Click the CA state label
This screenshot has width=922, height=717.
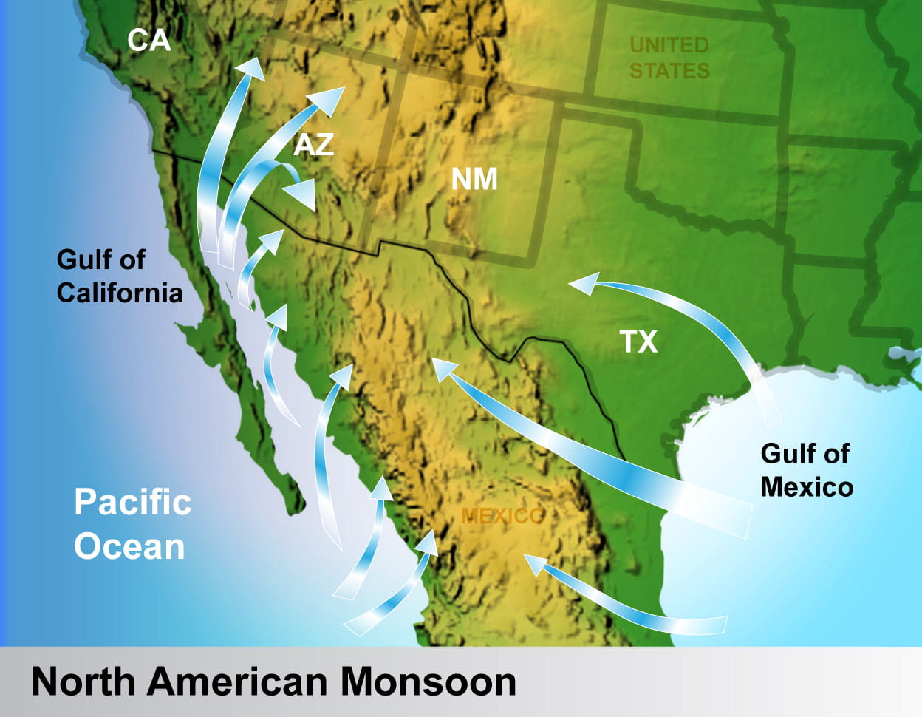(x=148, y=40)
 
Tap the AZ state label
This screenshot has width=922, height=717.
(x=314, y=145)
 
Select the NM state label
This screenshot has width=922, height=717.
(x=474, y=179)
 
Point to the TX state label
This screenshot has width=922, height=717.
(x=638, y=342)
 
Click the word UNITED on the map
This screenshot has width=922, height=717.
(x=669, y=45)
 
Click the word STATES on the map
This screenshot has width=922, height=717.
(x=669, y=71)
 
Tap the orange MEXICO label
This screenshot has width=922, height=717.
(x=502, y=516)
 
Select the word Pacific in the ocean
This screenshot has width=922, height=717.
(x=133, y=503)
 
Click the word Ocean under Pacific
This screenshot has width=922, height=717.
(x=129, y=547)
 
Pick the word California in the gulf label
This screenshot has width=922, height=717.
(x=120, y=293)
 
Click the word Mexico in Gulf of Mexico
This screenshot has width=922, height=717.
(x=807, y=487)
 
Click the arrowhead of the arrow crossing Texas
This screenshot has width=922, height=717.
(x=583, y=283)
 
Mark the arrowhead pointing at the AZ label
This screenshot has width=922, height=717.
(x=329, y=99)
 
